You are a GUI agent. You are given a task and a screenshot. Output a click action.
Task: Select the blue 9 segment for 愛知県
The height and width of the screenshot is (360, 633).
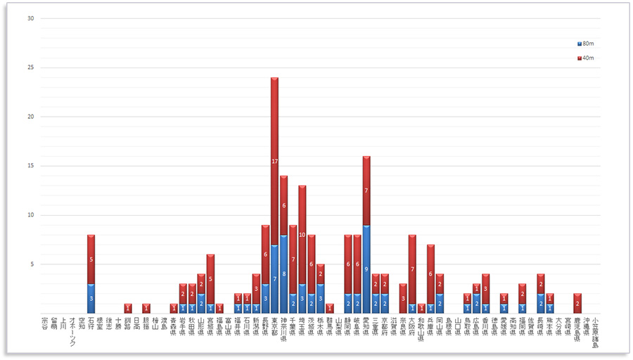(x=366, y=269)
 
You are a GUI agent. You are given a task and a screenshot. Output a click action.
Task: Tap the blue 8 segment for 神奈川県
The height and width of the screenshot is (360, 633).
(x=283, y=274)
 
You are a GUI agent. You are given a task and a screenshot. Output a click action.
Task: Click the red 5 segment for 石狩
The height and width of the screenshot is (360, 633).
(x=91, y=259)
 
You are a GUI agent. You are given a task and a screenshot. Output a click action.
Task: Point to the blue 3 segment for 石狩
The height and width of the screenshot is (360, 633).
(x=91, y=298)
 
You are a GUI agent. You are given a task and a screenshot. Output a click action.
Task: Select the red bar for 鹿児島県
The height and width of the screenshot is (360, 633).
(x=577, y=303)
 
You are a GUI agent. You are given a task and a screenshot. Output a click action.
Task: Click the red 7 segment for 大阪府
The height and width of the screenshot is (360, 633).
(x=412, y=269)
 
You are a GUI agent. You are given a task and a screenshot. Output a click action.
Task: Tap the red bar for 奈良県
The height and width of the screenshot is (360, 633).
(x=403, y=298)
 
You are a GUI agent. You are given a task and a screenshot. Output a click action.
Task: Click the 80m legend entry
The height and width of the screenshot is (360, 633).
(x=585, y=44)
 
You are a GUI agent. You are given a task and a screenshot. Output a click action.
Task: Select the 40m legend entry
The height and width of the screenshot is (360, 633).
(x=585, y=58)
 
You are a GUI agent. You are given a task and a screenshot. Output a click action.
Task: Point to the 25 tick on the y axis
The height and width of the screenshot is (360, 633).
(x=30, y=67)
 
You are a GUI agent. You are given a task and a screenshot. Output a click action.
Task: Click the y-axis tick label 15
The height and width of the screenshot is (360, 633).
(x=30, y=166)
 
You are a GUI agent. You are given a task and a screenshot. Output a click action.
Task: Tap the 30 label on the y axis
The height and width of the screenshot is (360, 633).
(x=30, y=18)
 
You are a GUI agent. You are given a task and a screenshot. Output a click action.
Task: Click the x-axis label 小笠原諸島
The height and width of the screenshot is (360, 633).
(x=596, y=331)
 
